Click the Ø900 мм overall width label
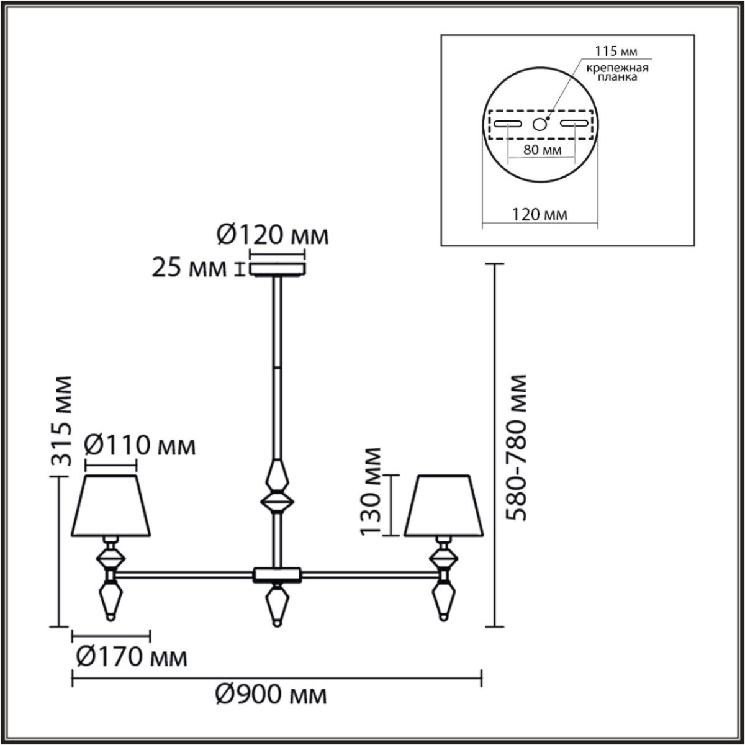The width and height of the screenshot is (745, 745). [x=271, y=696]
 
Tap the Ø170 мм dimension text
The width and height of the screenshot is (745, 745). [x=130, y=656]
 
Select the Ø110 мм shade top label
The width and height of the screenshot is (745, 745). [x=140, y=446]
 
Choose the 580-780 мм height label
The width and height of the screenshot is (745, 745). [x=516, y=447]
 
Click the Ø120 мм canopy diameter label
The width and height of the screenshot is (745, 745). [x=272, y=235]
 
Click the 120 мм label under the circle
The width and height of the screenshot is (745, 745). [x=540, y=215]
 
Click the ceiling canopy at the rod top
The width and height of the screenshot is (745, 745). [x=278, y=269]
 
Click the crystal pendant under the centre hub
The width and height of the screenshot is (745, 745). [x=276, y=605]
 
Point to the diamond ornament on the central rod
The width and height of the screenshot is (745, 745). [x=277, y=487]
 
